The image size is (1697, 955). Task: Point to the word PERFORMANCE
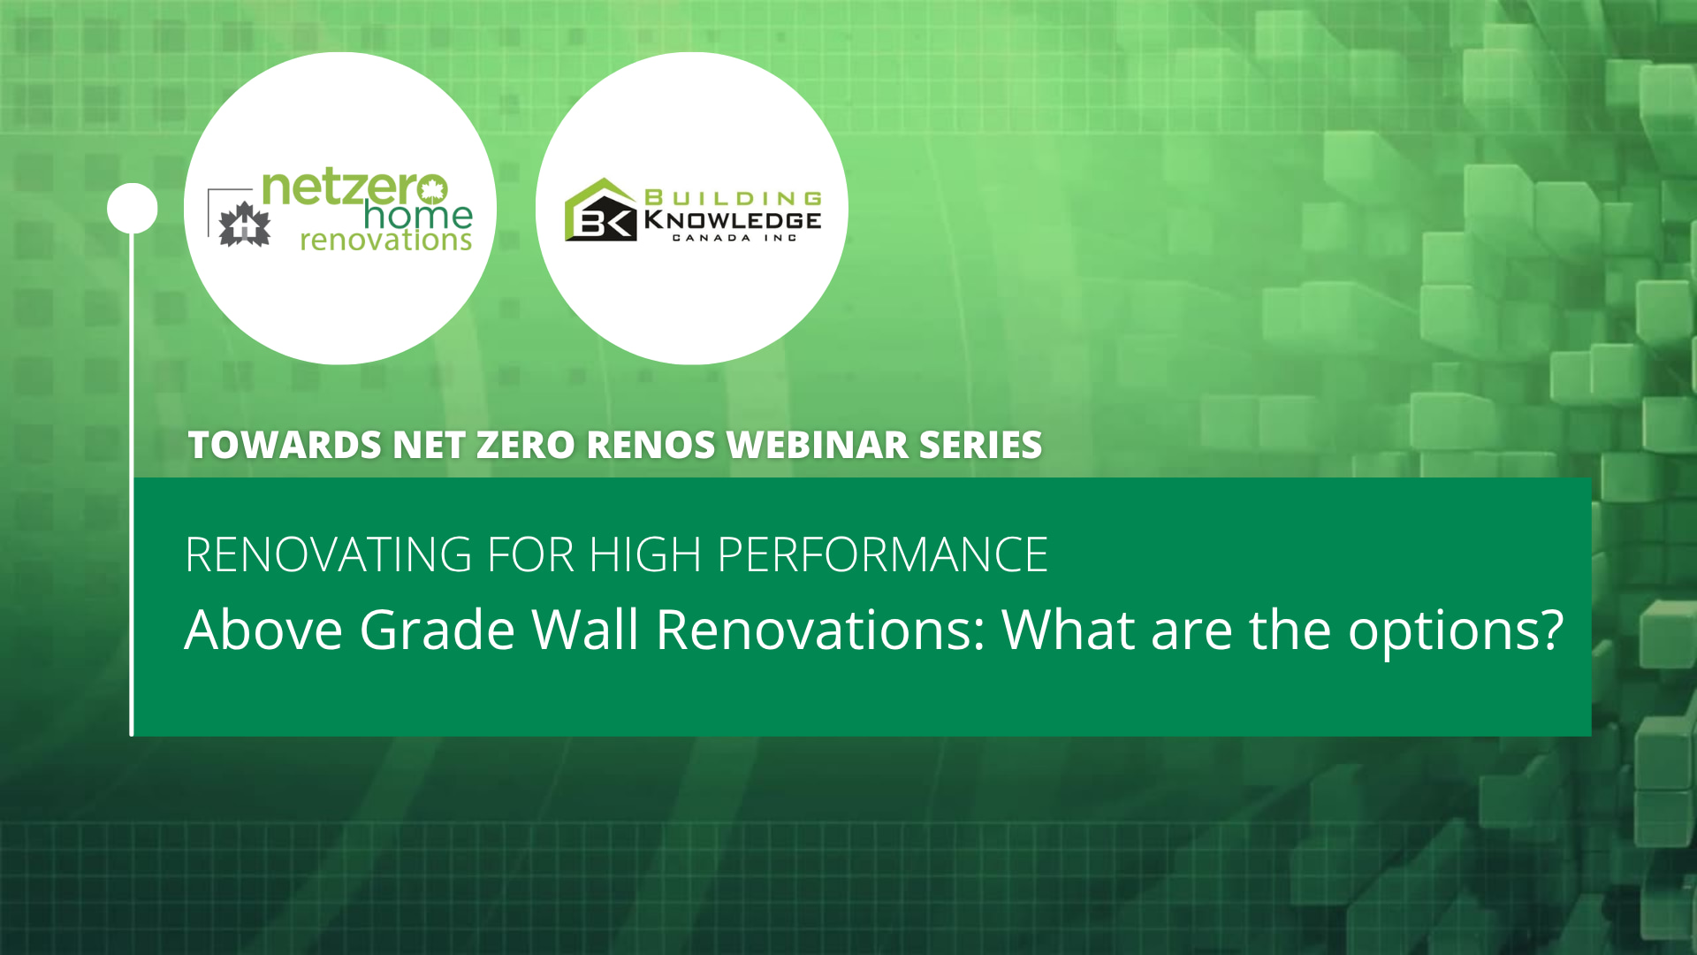(882, 555)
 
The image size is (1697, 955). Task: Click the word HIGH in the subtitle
(645, 555)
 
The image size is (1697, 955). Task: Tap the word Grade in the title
(437, 630)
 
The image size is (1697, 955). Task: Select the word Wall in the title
(585, 630)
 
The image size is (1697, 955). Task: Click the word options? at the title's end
(1456, 630)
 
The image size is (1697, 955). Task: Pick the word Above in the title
(263, 630)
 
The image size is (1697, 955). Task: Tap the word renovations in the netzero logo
(385, 241)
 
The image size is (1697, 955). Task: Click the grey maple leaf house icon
(244, 225)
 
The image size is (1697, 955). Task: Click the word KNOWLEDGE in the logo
(733, 220)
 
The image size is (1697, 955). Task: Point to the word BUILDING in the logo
(734, 198)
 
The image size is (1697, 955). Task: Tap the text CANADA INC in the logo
(734, 238)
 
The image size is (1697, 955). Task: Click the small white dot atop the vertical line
(133, 209)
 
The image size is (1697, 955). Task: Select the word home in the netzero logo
(418, 215)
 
